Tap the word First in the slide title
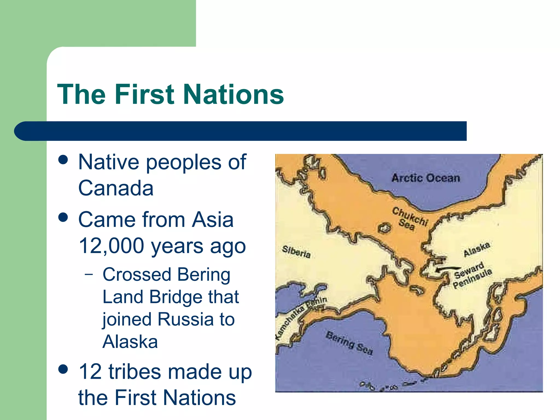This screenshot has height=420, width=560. click(x=144, y=94)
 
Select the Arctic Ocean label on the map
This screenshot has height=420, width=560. click(x=426, y=178)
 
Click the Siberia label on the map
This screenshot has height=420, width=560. click(x=296, y=252)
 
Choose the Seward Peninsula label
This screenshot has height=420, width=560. click(x=472, y=275)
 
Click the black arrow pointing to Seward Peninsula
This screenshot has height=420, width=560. click(x=448, y=269)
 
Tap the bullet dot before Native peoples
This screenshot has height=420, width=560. click(x=63, y=160)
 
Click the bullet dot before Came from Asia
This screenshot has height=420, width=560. click(x=63, y=218)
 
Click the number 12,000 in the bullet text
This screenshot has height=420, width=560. click(x=111, y=246)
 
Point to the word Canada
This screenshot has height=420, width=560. click(x=116, y=188)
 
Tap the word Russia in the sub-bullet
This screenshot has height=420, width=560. click(x=185, y=319)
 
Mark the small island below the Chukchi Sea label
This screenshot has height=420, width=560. click(x=384, y=227)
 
